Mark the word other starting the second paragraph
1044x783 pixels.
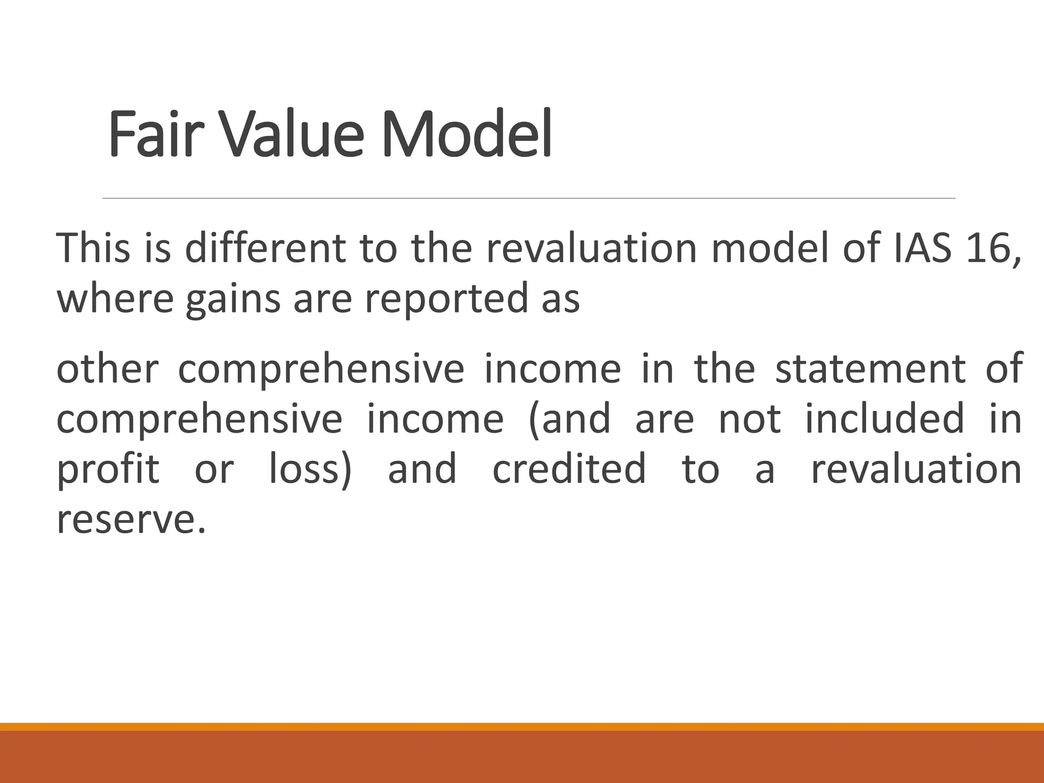tap(108, 369)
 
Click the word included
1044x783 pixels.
tap(884, 419)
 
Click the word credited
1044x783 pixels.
tap(569, 469)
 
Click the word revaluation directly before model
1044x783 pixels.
tap(591, 248)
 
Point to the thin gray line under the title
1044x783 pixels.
tap(529, 198)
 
